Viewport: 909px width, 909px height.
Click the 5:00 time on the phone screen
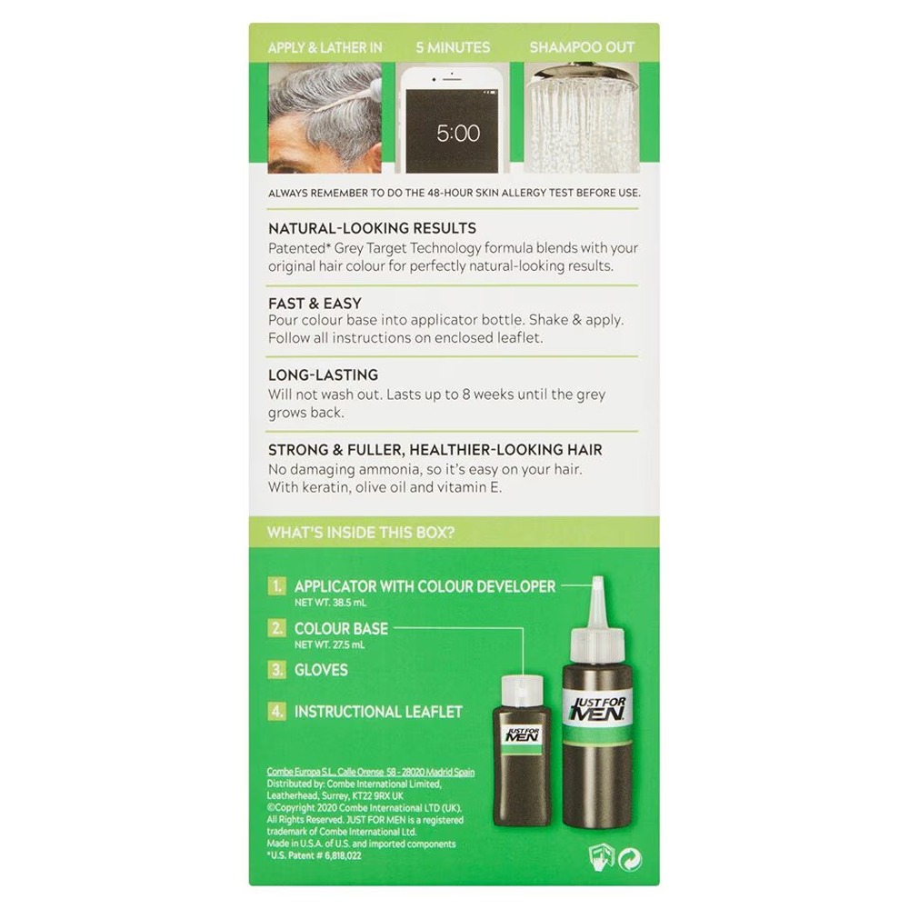click(x=458, y=134)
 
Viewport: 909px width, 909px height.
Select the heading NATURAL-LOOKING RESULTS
click(x=372, y=228)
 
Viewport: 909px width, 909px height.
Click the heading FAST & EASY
click(x=315, y=304)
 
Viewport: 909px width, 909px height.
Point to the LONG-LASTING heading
click(x=323, y=375)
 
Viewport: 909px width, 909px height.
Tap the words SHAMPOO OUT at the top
click(x=582, y=47)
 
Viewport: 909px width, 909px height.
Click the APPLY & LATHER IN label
click(x=325, y=47)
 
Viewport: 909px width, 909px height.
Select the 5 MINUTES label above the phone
click(x=453, y=47)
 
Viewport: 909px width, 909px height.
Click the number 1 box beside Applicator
click(x=276, y=586)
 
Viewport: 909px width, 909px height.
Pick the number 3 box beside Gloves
click(x=276, y=670)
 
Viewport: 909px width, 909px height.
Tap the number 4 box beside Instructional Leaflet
click(x=276, y=712)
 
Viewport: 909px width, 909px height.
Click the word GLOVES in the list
click(x=321, y=670)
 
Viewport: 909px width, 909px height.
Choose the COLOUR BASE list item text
click(x=342, y=628)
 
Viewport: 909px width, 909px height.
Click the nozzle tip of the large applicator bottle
click(x=598, y=579)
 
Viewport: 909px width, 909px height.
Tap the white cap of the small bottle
click(x=523, y=691)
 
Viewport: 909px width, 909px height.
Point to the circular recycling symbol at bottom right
click(x=630, y=860)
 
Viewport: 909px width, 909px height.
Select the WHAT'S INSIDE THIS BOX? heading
click(x=361, y=533)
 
